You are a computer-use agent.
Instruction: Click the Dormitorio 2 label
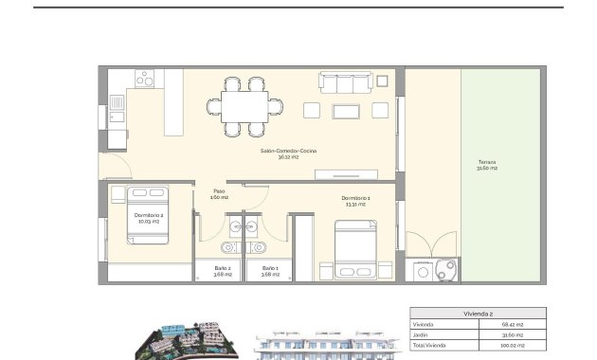(x=148, y=218)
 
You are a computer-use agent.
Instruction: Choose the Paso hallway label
(x=219, y=193)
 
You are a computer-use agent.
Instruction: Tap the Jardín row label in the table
(x=422, y=333)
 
